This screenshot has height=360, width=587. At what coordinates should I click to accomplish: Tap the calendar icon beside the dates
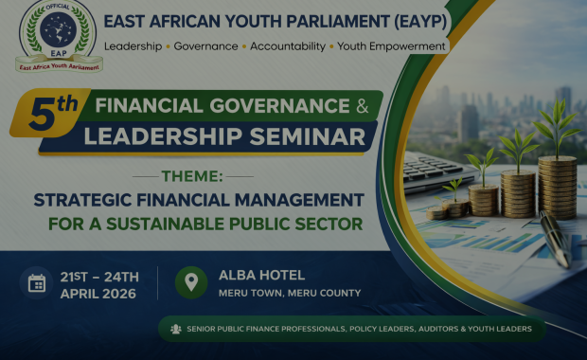pos(37,283)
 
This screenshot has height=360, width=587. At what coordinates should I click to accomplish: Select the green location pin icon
pos(191,282)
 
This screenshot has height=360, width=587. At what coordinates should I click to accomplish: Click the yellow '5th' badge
pos(53,112)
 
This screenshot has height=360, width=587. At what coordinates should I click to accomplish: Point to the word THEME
pos(193,176)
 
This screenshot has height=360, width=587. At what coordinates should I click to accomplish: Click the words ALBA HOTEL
pos(261,275)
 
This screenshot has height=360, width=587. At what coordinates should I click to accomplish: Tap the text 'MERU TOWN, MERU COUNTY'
pos(289,293)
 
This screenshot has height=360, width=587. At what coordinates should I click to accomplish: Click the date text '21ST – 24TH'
pos(99,276)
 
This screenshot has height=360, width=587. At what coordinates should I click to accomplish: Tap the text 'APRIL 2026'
pos(98,293)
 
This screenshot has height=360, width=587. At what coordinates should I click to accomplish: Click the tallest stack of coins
pos(557,185)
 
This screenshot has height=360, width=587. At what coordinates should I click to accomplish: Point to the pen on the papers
pos(555,238)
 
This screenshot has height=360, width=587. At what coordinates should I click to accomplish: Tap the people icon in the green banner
pos(175,329)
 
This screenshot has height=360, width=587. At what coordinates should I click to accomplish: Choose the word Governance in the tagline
pos(206,45)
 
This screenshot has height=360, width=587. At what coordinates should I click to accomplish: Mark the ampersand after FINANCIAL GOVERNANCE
pos(363,106)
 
